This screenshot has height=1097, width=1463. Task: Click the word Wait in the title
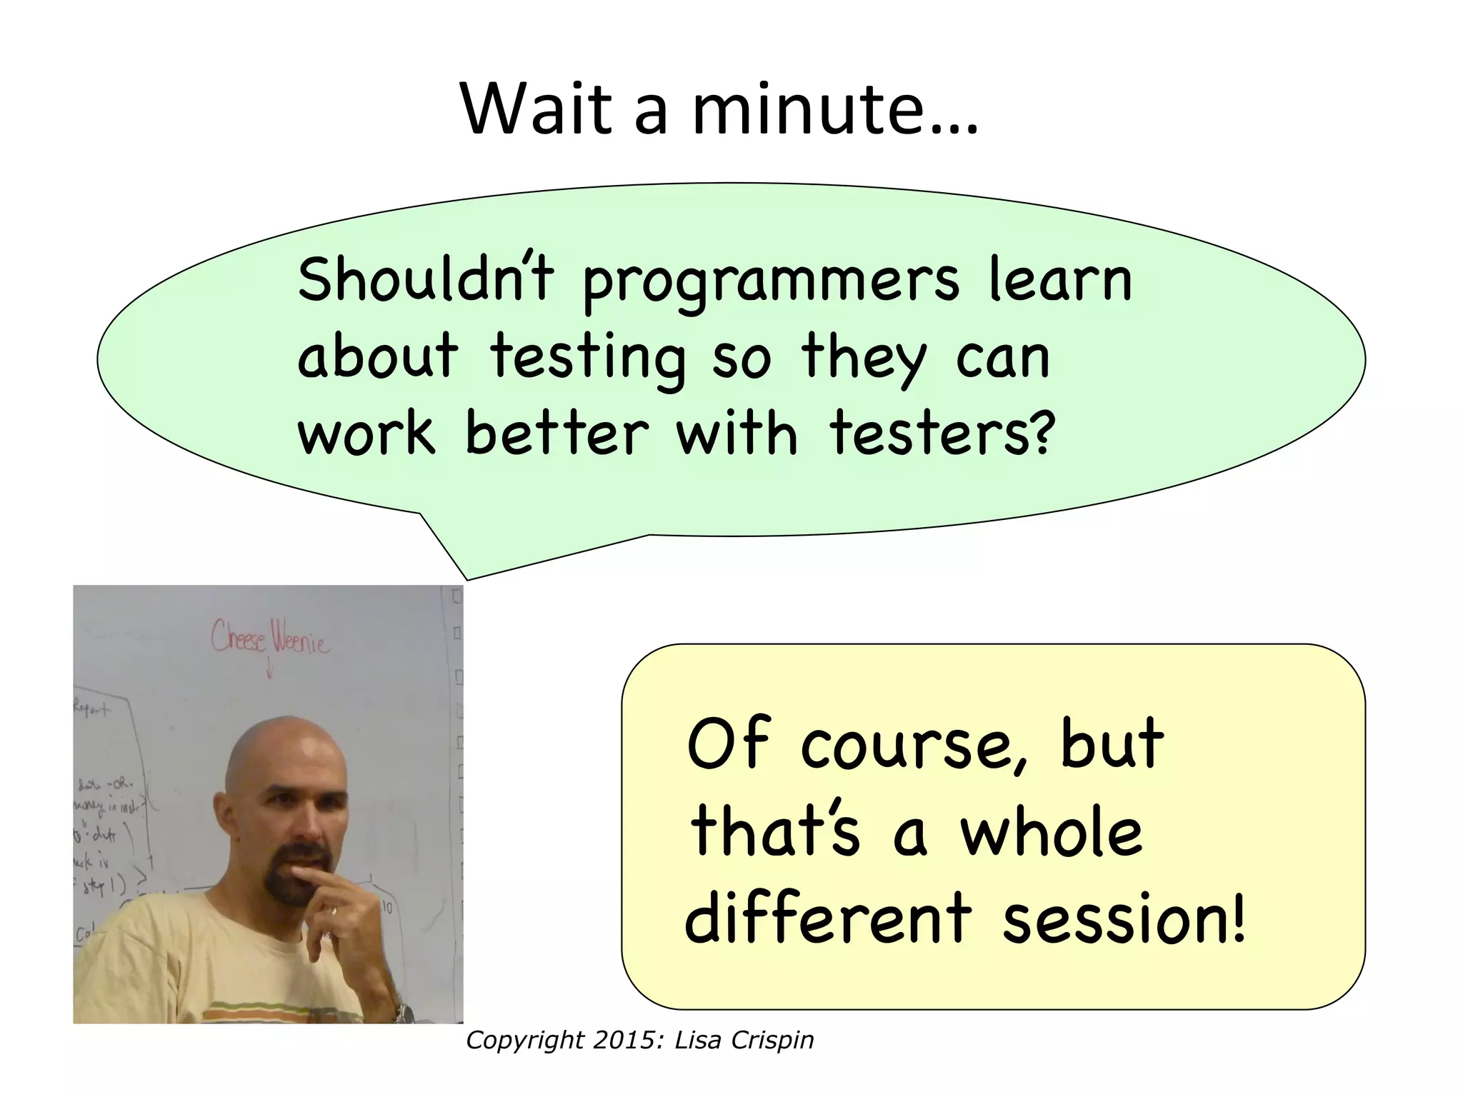[536, 109]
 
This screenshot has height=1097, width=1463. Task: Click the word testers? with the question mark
[942, 434]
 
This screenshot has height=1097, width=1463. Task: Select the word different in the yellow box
[828, 917]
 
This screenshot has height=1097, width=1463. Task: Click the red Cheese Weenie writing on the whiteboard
[269, 638]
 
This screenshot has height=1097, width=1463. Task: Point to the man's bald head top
[286, 743]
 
